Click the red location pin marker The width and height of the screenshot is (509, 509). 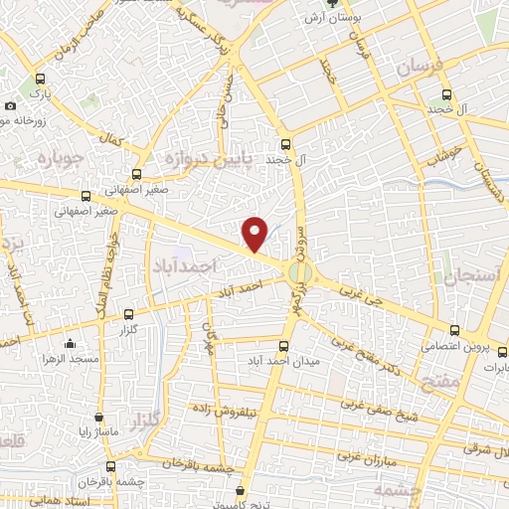coord(255,233)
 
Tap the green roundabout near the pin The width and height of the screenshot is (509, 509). coord(298,271)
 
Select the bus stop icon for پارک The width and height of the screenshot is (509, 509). coord(40,80)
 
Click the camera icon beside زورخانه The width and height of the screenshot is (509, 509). coord(10,105)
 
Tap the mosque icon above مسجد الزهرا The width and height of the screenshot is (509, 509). coord(70,344)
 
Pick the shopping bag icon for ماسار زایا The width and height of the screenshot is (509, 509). coord(98,418)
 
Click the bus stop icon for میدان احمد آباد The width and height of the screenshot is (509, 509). coord(284,346)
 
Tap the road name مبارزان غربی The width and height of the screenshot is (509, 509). coord(367,456)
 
